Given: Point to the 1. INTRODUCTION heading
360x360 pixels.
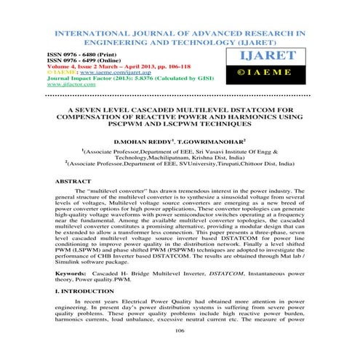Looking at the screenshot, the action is pos(87,311).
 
